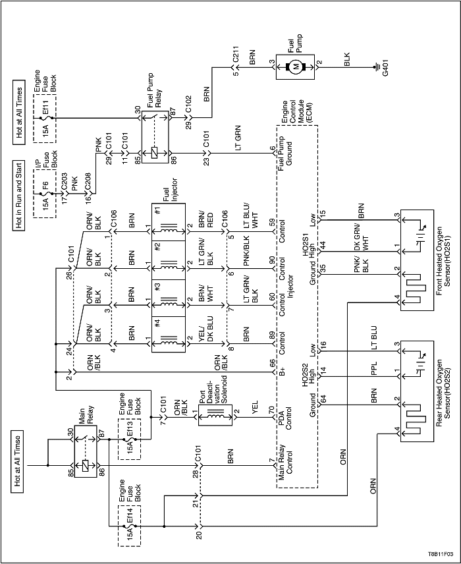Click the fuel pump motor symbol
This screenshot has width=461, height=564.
tap(295, 67)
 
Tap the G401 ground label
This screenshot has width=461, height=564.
tap(385, 67)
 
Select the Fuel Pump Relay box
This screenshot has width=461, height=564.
tap(155, 136)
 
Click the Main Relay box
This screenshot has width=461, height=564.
tap(86, 451)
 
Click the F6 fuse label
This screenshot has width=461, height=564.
tap(45, 187)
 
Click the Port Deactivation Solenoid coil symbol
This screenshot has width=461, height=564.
tap(215, 416)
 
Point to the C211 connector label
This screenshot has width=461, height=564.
tap(235, 54)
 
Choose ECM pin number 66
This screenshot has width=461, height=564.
tap(272, 363)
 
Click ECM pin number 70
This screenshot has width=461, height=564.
tap(272, 410)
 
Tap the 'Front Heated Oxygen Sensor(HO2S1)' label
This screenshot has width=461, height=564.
tap(443, 261)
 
